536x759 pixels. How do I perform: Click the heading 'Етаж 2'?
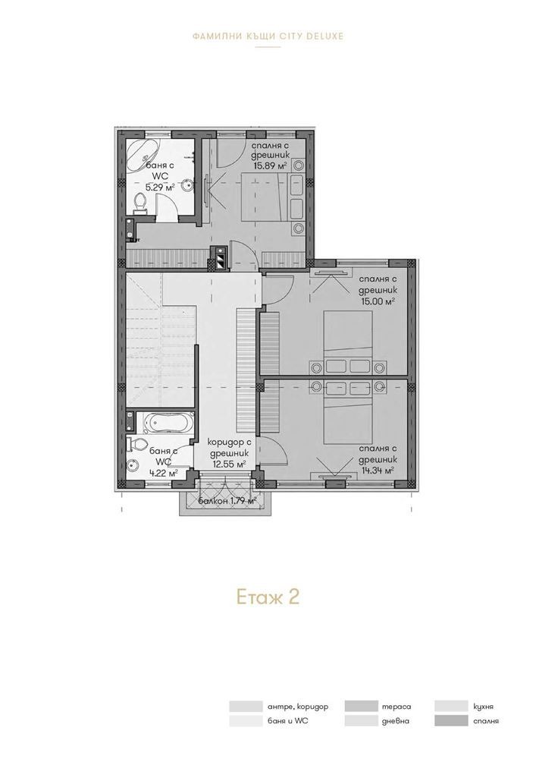[267, 596]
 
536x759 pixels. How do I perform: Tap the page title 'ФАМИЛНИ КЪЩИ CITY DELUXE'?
[267, 36]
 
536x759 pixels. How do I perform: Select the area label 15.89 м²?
[270, 165]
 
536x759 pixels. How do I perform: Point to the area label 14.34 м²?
[377, 470]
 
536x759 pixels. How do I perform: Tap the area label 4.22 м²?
[163, 471]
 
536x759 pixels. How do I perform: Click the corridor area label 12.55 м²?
[229, 464]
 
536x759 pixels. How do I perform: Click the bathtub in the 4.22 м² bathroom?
[162, 421]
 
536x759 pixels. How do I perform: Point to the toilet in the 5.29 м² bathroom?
[139, 201]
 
